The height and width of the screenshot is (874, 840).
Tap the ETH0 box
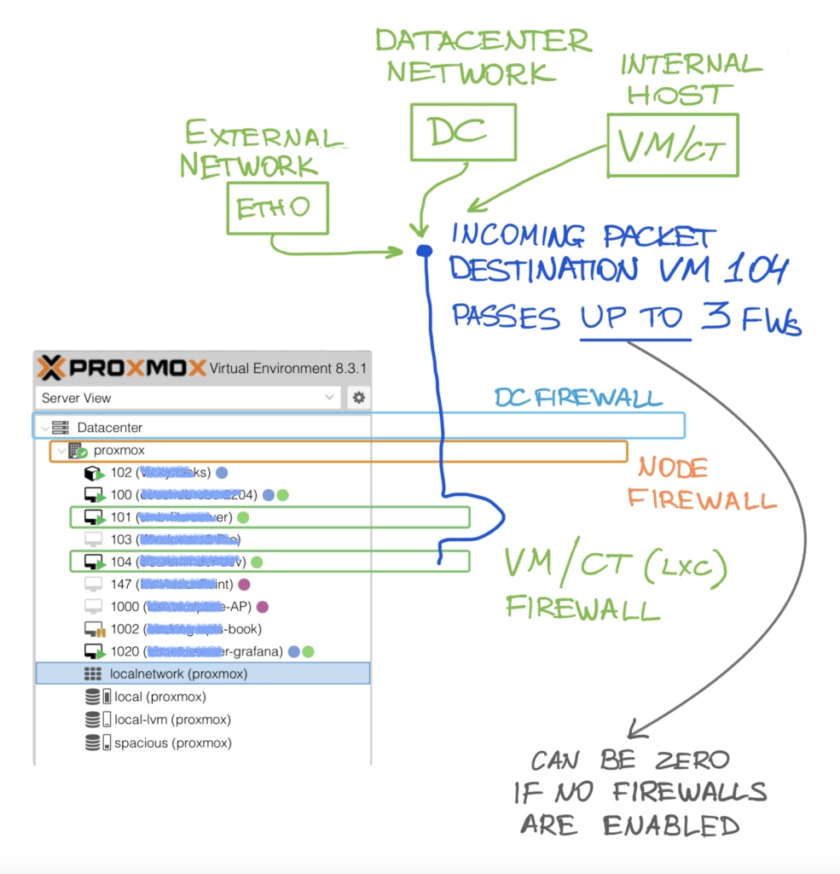click(x=277, y=207)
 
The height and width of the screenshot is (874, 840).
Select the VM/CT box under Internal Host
click(x=672, y=146)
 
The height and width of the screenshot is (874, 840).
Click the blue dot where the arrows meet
click(x=424, y=250)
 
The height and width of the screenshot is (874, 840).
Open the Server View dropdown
click(x=188, y=398)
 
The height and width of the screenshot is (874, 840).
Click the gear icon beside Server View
click(x=359, y=398)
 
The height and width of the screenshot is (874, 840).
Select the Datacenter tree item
click(x=109, y=427)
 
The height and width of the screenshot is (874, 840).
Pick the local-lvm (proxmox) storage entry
click(x=172, y=720)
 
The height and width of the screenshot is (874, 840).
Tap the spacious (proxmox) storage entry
click(x=172, y=743)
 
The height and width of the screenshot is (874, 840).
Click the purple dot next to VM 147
click(x=244, y=585)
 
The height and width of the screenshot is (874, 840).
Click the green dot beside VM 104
click(x=257, y=562)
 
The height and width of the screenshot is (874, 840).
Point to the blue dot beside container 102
click(x=222, y=472)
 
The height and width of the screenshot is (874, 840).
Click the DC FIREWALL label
click(x=578, y=398)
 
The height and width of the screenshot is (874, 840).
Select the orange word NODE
click(x=674, y=468)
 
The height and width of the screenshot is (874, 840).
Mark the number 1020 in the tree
click(x=125, y=651)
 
